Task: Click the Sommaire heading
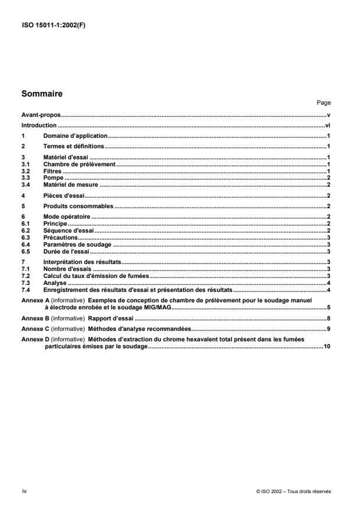[42, 92]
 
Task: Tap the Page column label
[324, 102]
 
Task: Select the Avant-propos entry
[41, 116]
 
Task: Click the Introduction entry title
[39, 125]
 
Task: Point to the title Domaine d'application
[76, 135]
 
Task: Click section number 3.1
[25, 165]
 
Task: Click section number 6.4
[25, 245]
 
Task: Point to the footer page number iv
[24, 491]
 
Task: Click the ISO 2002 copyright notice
[293, 491]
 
